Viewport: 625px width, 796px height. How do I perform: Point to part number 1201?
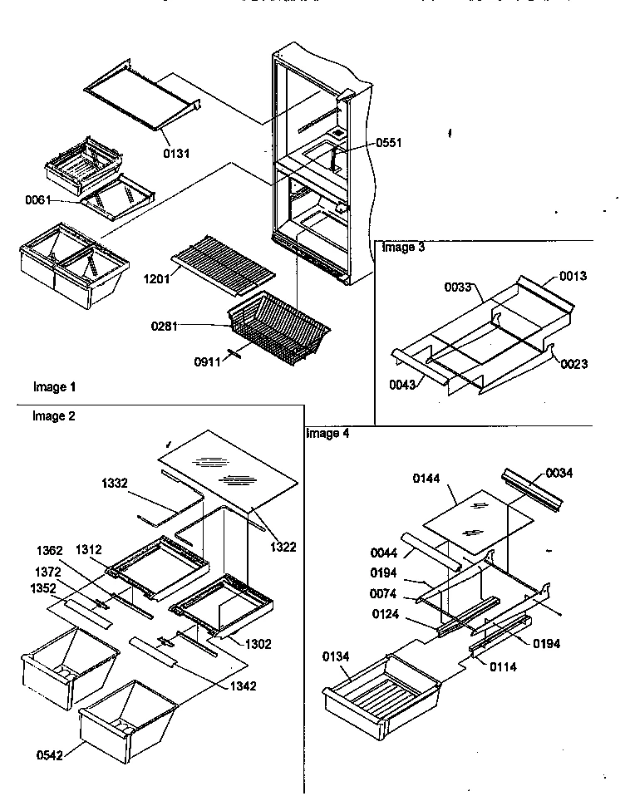pos(156,278)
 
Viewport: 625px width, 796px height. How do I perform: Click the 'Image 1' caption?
pos(54,387)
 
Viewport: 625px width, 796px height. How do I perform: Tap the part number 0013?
pos(573,276)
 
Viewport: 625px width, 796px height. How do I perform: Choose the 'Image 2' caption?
pos(54,416)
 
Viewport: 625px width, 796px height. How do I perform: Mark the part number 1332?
pos(116,483)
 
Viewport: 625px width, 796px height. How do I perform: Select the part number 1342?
pos(243,685)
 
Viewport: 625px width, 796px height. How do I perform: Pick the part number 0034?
pos(559,473)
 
